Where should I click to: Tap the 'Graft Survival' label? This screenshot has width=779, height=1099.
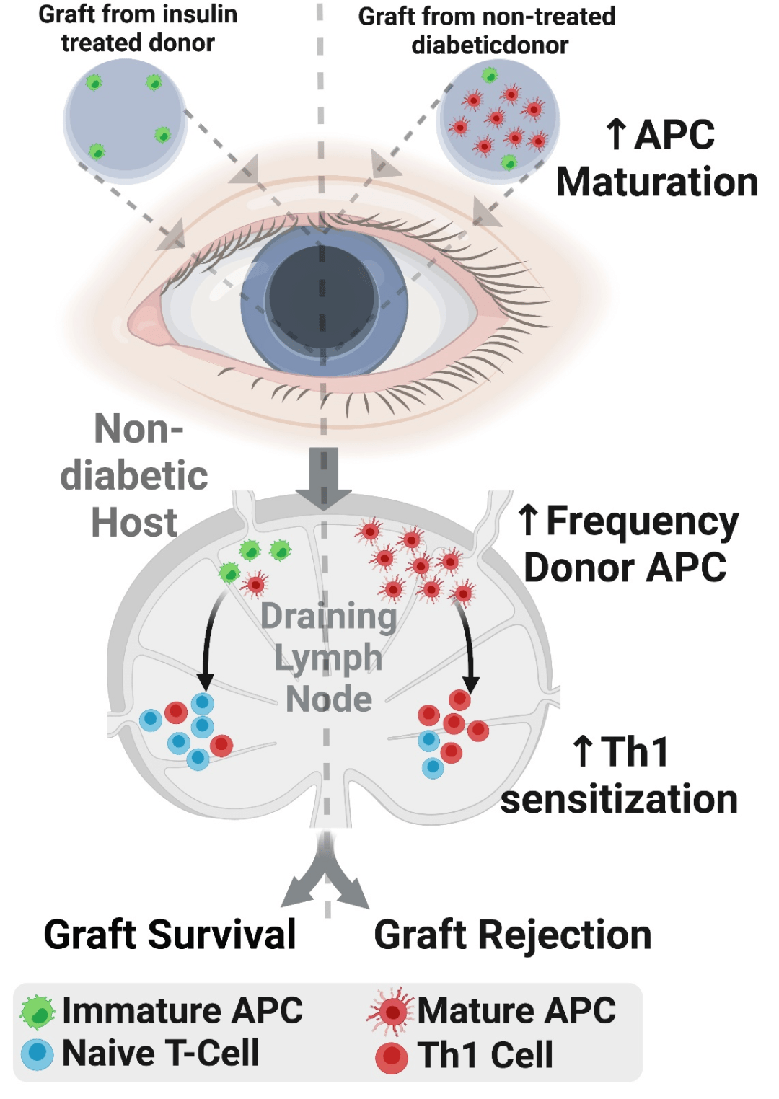pyautogui.click(x=170, y=935)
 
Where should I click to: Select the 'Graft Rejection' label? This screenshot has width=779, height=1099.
pyautogui.click(x=512, y=935)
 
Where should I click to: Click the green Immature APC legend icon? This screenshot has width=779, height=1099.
pyautogui.click(x=38, y=1012)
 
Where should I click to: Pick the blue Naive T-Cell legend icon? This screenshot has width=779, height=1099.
pyautogui.click(x=37, y=1054)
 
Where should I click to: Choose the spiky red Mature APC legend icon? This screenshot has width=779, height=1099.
pyautogui.click(x=392, y=1011)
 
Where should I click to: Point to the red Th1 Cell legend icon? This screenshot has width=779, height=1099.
pyautogui.click(x=392, y=1057)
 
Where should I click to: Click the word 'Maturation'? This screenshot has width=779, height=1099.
pyautogui.click(x=657, y=182)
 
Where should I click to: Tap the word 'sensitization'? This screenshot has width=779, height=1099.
pyautogui.click(x=619, y=799)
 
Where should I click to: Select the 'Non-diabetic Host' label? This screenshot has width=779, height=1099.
pyautogui.click(x=135, y=475)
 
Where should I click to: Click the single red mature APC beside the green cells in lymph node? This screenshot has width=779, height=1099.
pyautogui.click(x=254, y=583)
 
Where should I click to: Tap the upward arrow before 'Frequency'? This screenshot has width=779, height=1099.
pyautogui.click(x=529, y=520)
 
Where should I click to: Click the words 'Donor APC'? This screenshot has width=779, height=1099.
pyautogui.click(x=625, y=568)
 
